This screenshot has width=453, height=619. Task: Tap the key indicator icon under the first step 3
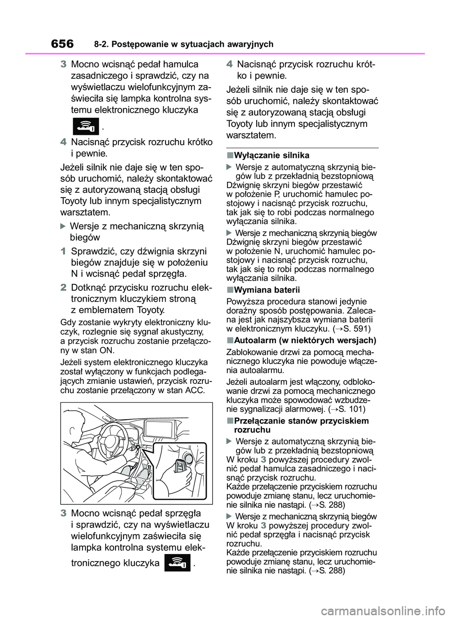[85, 126]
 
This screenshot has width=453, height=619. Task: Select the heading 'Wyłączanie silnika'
[271, 155]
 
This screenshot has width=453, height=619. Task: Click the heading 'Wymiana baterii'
[267, 289]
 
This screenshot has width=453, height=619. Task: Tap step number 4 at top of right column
[229, 64]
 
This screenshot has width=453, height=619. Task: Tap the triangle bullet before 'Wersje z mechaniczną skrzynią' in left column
[65, 226]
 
